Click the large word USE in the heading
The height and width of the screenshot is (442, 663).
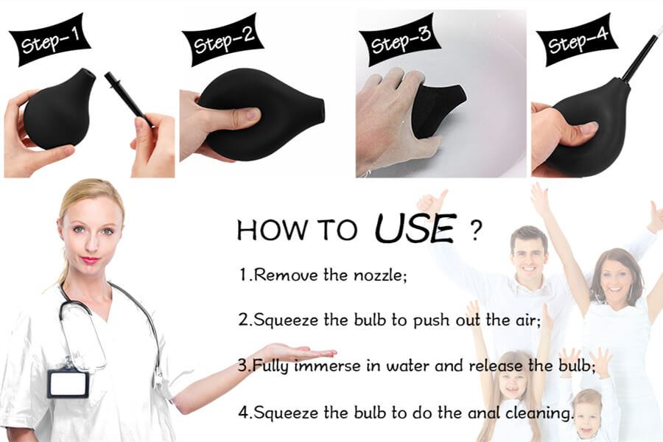tap(414, 228)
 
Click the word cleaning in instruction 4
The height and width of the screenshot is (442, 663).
tap(539, 412)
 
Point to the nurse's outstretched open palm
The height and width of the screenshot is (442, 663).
tap(295, 351)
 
